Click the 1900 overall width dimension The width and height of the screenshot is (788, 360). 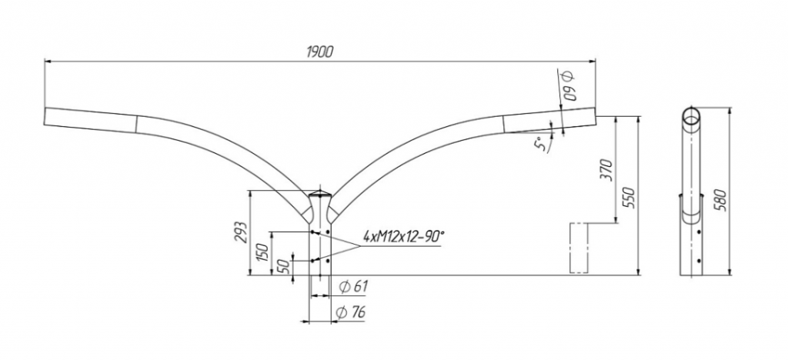click(319, 52)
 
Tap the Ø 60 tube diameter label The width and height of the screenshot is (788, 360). click(570, 86)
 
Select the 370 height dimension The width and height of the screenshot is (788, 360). click(608, 170)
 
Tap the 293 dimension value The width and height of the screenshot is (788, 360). click(241, 232)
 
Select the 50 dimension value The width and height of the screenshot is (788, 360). click(285, 267)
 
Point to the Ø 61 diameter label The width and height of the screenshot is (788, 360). click(353, 287)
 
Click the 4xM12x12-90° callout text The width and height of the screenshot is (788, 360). click(404, 236)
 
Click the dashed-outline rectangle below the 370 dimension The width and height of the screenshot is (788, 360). click(579, 248)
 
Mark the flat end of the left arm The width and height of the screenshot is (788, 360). click(45, 116)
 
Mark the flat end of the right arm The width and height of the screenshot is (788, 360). click(596, 116)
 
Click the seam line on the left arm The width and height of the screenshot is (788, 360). click(136, 125)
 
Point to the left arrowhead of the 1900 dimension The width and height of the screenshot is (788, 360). click(48, 62)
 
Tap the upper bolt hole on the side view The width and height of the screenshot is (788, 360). click(699, 232)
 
